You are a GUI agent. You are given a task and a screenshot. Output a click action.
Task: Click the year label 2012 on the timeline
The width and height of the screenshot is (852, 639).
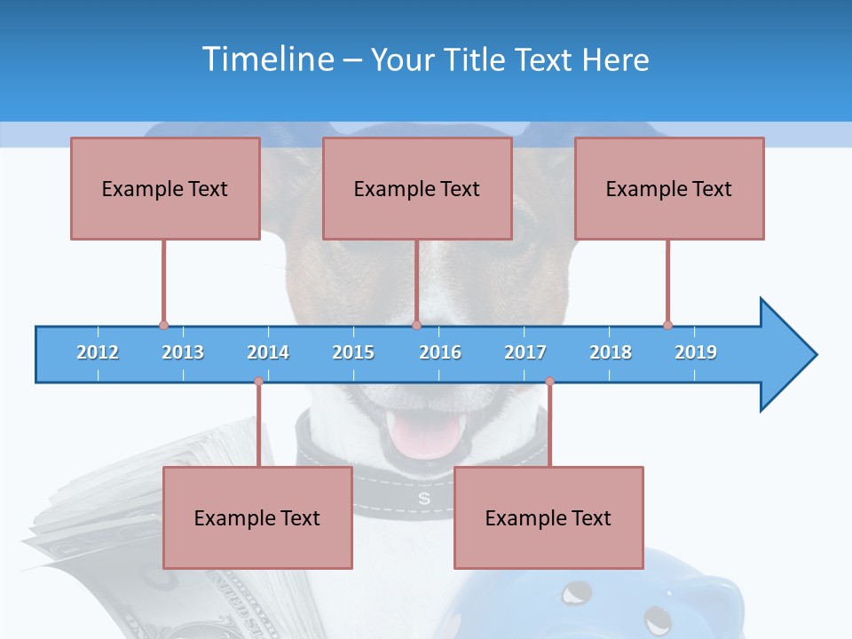point(98,352)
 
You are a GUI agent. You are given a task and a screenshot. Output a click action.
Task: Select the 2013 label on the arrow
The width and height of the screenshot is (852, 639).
point(183,352)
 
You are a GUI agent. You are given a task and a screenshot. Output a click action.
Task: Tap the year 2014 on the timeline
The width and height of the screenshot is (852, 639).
point(268,352)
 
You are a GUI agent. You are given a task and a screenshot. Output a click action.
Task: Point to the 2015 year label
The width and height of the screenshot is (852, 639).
point(353,352)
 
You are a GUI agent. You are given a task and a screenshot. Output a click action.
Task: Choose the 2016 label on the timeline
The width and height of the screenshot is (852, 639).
point(440,352)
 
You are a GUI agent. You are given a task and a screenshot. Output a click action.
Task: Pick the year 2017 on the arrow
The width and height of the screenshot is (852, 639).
point(525,352)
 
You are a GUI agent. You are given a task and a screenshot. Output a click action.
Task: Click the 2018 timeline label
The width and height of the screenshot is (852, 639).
point(611,352)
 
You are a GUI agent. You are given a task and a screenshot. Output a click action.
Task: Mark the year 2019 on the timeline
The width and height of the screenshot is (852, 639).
point(696,352)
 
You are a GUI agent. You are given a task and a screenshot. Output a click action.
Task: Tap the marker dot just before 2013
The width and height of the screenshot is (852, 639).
point(163,326)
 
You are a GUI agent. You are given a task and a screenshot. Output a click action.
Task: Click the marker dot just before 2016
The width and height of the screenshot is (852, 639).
point(416,326)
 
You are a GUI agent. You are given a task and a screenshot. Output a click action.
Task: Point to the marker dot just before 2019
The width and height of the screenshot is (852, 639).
point(667,326)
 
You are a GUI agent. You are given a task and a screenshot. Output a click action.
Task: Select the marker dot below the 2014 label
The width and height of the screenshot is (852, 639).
point(258,382)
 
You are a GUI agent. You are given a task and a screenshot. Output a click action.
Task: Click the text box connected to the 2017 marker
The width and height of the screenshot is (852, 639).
point(548,517)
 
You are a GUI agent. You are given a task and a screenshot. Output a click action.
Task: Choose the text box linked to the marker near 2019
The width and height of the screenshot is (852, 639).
point(669,188)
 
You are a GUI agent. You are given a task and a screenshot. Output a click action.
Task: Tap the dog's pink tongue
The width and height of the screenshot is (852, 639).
point(427,436)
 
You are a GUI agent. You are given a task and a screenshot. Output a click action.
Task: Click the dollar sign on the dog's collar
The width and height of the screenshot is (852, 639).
point(424,499)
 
